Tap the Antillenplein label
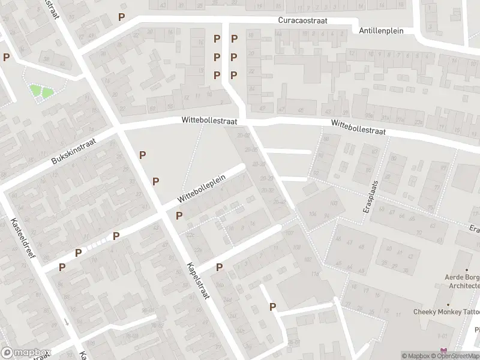pos(381,30)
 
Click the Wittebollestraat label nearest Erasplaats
pos(358,127)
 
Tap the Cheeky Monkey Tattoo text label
pos(446,311)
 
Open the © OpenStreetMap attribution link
pos(457,356)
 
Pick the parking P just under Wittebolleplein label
pos(179,215)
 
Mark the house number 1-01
pos(443,336)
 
